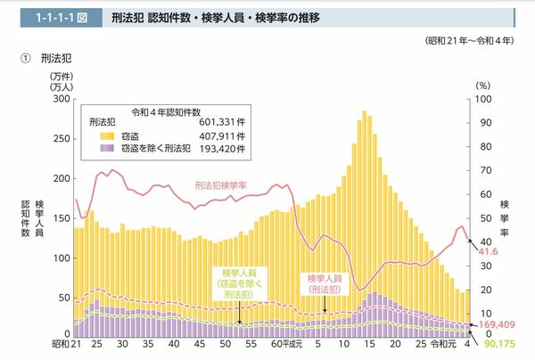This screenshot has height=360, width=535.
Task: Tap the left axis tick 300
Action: tap(60, 100)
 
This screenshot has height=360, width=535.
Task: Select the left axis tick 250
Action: tap(60, 139)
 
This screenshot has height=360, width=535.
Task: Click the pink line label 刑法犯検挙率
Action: tap(222, 185)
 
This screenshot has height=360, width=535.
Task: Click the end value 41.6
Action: tap(488, 253)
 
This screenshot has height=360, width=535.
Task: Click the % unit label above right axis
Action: tap(482, 85)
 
